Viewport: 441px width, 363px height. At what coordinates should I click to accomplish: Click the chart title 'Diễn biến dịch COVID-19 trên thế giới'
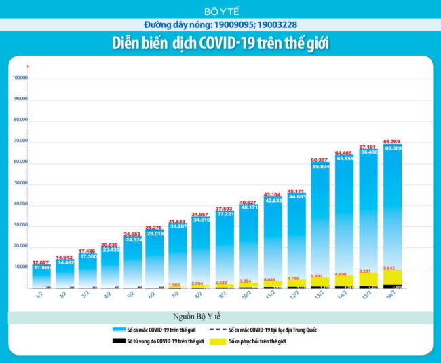click(220, 43)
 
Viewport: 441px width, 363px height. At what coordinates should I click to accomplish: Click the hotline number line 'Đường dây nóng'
click(220, 25)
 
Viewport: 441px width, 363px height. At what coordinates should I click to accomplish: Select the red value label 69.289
click(396, 141)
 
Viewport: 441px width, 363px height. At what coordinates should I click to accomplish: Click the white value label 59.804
click(322, 166)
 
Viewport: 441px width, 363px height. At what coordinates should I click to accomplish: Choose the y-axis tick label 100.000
click(19, 77)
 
